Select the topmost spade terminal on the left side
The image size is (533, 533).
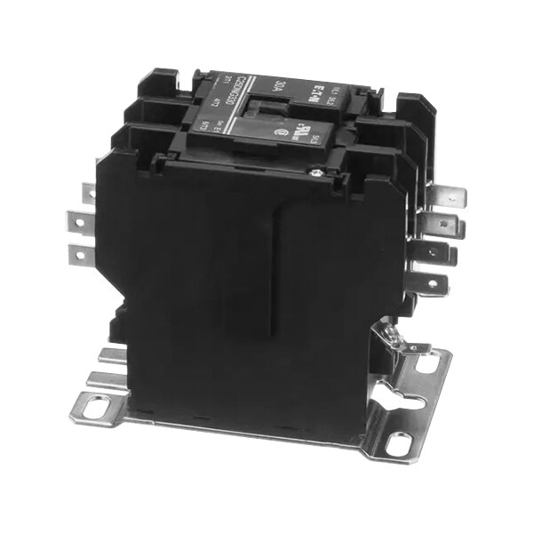coord(90,191)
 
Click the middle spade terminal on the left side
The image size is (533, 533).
coord(82,219)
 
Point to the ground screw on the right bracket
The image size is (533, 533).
coord(391,335)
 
